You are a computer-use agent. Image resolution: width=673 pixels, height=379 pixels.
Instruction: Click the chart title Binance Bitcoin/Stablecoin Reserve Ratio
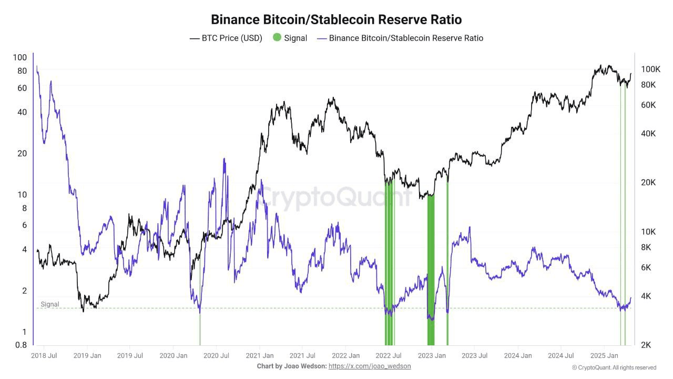click(336, 19)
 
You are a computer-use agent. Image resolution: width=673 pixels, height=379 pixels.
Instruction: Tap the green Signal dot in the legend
click(277, 38)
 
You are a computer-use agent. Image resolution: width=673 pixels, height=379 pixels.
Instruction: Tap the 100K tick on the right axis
click(650, 69)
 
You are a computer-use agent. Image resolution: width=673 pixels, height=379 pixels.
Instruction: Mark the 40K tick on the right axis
click(648, 134)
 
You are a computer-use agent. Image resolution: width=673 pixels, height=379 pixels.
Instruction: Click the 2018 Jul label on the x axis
click(44, 356)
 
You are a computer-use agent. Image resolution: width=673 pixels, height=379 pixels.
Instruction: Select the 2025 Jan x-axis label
click(604, 356)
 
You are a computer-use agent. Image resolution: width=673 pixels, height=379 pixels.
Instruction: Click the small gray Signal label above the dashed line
click(50, 304)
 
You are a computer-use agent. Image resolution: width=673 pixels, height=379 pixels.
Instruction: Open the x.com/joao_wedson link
click(370, 366)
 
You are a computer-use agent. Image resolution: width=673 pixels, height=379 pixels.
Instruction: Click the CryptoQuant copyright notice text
click(614, 367)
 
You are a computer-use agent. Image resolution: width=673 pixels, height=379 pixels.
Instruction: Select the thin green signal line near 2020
click(200, 329)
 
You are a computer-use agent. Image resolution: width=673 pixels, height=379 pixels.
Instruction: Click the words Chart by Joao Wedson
click(291, 366)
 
